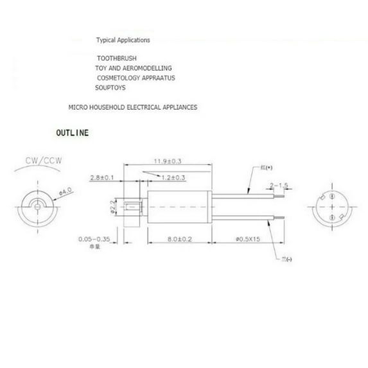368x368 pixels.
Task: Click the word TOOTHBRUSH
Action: click(x=117, y=58)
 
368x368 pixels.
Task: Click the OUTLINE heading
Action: click(x=73, y=134)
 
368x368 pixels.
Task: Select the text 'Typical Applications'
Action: click(x=123, y=40)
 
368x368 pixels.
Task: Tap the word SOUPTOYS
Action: click(x=110, y=88)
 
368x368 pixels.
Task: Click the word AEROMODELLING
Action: click(x=148, y=68)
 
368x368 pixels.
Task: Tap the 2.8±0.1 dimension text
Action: click(x=102, y=177)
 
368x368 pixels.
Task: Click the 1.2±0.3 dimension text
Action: click(x=173, y=177)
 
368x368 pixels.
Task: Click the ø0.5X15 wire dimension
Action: click(x=244, y=240)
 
